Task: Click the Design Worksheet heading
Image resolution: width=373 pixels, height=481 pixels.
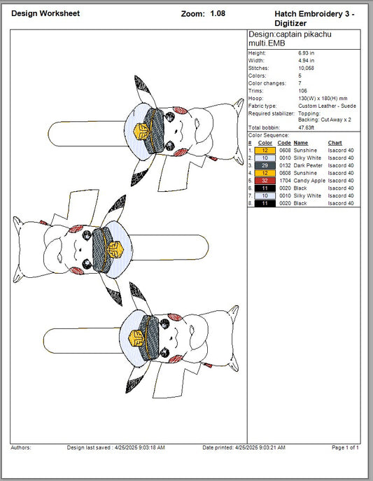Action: pos(45,13)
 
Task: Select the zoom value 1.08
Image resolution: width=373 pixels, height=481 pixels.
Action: pos(218,13)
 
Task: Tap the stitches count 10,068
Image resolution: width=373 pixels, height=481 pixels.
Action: pos(307,68)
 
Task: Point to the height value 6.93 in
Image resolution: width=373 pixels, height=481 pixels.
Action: pos(307,53)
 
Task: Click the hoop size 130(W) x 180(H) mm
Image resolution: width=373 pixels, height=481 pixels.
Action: pos(323,99)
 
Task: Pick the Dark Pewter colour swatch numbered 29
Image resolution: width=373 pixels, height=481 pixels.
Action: pos(265,165)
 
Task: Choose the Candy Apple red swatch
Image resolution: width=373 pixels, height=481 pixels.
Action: pos(265,181)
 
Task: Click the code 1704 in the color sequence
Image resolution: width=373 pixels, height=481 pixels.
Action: pos(285,181)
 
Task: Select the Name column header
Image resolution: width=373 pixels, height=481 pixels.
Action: pos(301,143)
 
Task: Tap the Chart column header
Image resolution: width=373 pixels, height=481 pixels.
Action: pos(335,143)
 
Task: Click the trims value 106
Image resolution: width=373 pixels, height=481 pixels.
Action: pos(302,91)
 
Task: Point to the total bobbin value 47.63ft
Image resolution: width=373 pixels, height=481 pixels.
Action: pos(307,127)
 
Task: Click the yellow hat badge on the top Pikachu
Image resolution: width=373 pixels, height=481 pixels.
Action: pos(141,132)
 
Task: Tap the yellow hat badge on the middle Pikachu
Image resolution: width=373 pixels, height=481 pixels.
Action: pos(115,250)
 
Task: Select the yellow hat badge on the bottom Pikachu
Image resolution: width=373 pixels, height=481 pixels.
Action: pos(136,338)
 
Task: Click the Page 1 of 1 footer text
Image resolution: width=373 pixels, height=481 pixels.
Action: pos(345,447)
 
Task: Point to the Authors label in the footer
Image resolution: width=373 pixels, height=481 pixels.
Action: pos(21,447)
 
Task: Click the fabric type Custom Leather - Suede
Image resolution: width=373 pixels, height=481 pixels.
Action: pos(328,106)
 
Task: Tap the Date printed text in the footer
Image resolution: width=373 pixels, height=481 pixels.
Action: pos(244,447)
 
